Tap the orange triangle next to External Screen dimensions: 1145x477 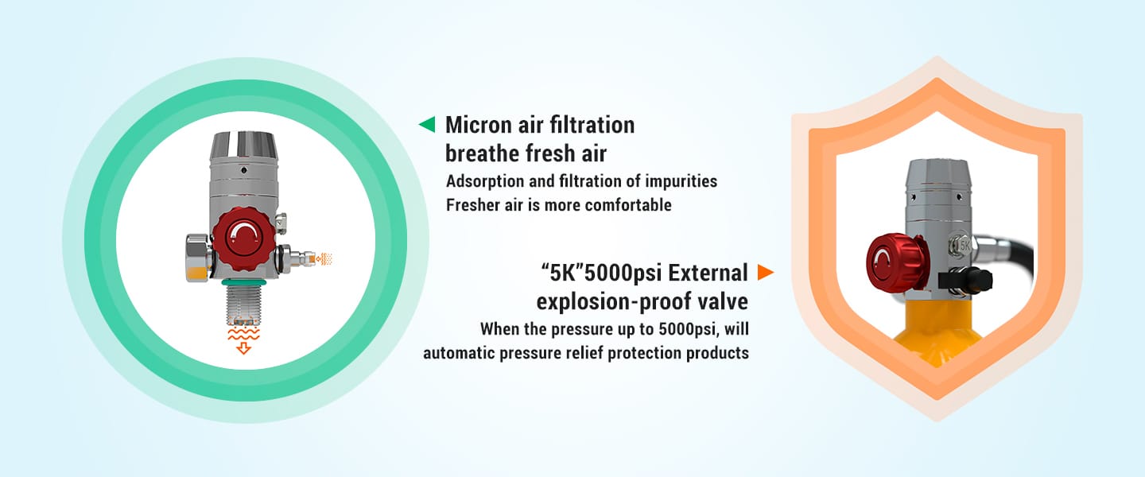tap(765, 272)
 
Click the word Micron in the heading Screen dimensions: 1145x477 tap(479, 125)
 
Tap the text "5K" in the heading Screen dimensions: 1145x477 tap(561, 273)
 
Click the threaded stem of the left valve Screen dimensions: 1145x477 tap(243, 304)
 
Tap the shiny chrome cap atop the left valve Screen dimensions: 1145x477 tap(243, 145)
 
